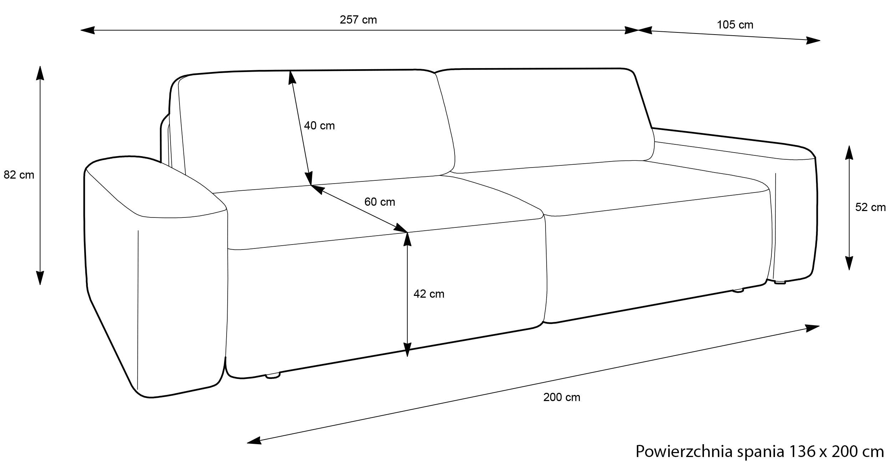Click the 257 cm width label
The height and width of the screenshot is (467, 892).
358,20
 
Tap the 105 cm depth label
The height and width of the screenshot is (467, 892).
735,25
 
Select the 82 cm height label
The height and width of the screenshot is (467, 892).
19,175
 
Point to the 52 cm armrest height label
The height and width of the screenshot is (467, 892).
870,207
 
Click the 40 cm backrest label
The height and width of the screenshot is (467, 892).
319,126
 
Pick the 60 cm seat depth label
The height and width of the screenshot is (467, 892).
380,202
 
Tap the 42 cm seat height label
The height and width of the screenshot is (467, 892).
429,294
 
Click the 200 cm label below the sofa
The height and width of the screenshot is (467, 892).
562,397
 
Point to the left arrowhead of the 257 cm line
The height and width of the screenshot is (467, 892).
88,30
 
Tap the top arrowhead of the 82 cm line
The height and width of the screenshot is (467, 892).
40,73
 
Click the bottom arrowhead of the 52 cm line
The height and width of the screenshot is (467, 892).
849,263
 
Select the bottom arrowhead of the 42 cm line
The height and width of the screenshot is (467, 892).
407,350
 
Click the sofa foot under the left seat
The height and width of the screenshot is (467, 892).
273,376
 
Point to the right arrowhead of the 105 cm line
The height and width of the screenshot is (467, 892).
814,40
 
